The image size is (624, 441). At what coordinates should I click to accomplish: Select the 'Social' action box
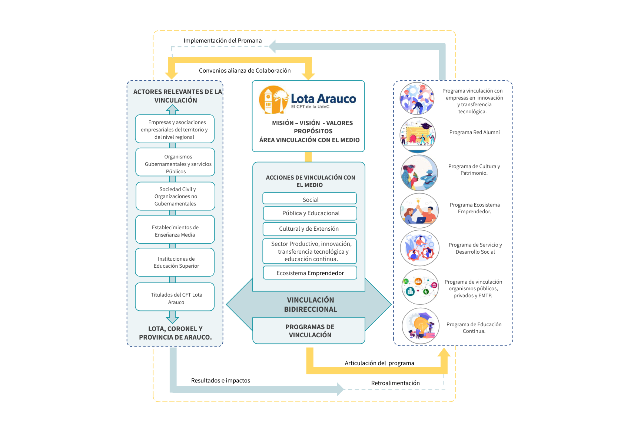pos(309,198)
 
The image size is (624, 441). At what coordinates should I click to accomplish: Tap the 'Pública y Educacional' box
pos(310,213)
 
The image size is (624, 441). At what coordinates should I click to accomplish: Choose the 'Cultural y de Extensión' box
pos(309,229)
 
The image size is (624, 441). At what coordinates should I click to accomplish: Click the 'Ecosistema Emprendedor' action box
pos(310,273)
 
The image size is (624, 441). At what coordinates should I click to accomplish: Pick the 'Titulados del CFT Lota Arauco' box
pos(175,297)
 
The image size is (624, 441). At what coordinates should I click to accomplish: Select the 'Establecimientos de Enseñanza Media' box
pos(175,230)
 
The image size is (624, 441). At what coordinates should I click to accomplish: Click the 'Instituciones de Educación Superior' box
pos(175,262)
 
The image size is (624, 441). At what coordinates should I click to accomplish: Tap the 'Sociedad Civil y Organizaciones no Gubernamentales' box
pos(175,196)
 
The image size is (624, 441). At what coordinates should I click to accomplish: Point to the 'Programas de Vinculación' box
pos(309,331)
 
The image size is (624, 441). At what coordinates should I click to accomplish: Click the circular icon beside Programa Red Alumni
pos(418,135)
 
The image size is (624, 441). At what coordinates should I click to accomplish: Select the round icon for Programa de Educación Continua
pos(421,326)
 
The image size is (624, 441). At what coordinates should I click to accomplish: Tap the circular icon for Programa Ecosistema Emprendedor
pos(419,210)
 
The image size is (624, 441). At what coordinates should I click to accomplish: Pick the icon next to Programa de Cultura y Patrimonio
pos(419,173)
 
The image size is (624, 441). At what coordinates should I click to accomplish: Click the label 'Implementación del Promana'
pos(223,41)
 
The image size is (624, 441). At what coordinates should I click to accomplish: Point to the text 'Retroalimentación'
pos(395,383)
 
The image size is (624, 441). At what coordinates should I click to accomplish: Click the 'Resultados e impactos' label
pos(220,380)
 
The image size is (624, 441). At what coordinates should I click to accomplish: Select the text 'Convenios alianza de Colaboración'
pos(245,71)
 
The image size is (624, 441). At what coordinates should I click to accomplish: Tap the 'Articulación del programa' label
pos(379,363)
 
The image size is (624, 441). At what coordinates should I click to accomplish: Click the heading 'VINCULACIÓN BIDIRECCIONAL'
pos(310,305)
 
